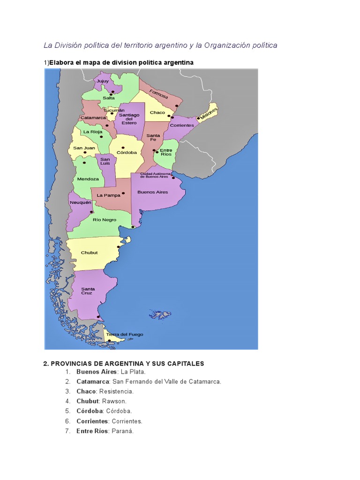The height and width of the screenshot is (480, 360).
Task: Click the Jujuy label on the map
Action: (102, 82)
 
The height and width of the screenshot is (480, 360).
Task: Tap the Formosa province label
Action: (159, 94)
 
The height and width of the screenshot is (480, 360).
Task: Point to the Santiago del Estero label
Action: (129, 119)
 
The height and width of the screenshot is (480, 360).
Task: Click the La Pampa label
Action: (109, 195)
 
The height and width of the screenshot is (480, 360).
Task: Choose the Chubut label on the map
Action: (89, 253)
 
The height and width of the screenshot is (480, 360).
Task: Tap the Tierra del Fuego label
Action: (124, 334)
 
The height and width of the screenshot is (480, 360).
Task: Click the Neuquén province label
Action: (79, 202)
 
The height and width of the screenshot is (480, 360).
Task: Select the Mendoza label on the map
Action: (88, 179)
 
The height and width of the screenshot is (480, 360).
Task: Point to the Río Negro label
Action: (104, 219)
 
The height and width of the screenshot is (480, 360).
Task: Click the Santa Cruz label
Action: (88, 291)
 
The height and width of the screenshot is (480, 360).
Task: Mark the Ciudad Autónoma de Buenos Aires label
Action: (154, 175)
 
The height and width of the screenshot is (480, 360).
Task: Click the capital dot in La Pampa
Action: (123, 193)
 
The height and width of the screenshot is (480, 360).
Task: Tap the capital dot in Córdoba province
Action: (123, 147)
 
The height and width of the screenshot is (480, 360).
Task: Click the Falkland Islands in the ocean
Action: (161, 314)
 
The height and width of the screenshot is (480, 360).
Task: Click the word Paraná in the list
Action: (122, 431)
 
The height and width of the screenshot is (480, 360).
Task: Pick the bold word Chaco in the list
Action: (86, 391)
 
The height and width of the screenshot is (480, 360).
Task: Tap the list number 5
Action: (67, 411)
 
